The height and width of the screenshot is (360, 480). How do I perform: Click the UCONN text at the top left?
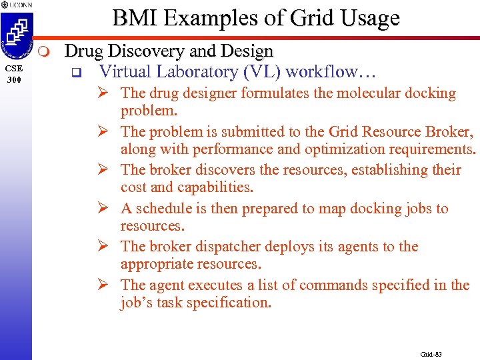(x=21, y=5)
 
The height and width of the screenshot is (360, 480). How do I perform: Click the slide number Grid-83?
(x=431, y=354)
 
